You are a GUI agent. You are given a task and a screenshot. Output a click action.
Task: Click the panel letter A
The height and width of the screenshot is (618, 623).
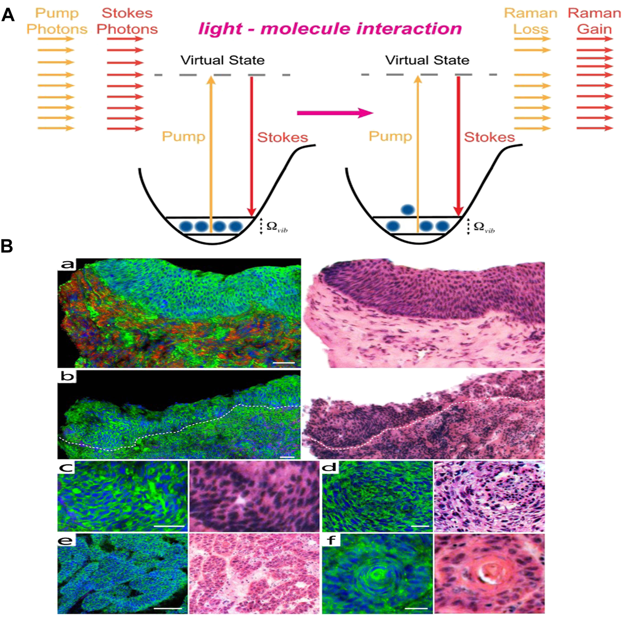coord(8,15)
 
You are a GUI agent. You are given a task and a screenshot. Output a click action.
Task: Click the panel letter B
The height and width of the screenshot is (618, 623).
coord(7,246)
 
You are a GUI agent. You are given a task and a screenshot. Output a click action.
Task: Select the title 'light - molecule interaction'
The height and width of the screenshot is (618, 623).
coord(330,29)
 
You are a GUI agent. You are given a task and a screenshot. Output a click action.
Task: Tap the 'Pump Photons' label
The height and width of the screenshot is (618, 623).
coord(57,21)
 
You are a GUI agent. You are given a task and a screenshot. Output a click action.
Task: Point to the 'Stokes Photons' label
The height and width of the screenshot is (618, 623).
coord(127,21)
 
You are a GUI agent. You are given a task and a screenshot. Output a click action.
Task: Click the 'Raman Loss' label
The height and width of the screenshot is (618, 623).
coord(531,21)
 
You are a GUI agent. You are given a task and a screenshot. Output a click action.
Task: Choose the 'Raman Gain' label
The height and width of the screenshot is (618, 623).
coord(594,21)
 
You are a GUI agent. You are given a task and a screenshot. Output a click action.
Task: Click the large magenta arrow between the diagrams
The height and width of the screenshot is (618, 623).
coord(335,113)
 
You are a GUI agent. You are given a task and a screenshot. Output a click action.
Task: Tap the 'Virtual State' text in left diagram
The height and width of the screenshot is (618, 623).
coord(222,60)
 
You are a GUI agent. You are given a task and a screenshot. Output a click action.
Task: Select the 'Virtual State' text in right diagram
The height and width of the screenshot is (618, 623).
coord(427,60)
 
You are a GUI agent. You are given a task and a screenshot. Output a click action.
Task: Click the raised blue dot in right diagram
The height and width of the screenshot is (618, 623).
coord(408,209)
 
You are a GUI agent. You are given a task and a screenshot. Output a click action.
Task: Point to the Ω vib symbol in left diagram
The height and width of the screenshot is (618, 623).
coord(276,227)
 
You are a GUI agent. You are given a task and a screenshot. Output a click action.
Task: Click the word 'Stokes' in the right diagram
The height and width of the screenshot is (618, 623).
coord(489,137)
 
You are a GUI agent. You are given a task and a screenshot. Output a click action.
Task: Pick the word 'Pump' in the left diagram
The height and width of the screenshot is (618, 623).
coord(183,136)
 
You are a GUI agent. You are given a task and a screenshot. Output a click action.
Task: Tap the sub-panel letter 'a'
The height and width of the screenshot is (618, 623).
coord(67,264)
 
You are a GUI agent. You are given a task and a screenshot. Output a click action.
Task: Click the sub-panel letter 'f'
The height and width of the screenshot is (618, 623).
coord(331,539)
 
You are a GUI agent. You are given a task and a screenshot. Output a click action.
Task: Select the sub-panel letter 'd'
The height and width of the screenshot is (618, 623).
coord(330,467)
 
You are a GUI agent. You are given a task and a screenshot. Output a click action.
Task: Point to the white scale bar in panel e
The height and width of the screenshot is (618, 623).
coord(167,608)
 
